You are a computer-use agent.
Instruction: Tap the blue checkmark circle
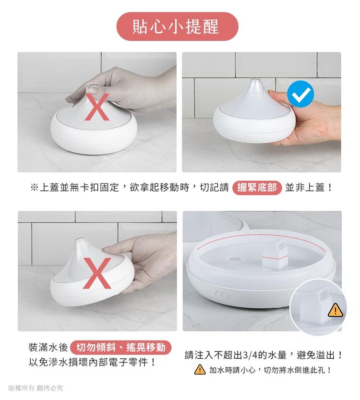point(300,94)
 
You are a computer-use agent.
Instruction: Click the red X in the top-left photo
point(97,107)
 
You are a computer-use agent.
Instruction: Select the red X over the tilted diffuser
point(97,273)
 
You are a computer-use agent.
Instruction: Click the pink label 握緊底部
point(257,188)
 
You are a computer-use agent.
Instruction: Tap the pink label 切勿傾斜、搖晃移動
point(120,347)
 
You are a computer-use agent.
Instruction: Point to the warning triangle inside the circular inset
point(335,310)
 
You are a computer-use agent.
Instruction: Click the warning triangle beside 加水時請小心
point(200,369)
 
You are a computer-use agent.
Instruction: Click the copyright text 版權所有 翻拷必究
point(36,388)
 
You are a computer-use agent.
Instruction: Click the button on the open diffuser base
point(222,295)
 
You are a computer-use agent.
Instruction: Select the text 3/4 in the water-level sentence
point(251,355)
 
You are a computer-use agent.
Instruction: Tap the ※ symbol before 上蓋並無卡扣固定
point(34,188)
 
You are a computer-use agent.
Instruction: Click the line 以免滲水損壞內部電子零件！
point(92,362)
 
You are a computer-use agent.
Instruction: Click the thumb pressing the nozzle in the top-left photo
point(92,90)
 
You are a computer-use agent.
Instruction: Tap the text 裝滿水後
point(48,348)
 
